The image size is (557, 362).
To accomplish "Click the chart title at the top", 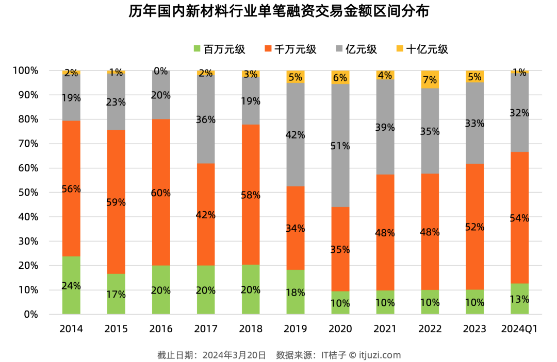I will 278,12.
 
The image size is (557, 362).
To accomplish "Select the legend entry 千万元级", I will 295,49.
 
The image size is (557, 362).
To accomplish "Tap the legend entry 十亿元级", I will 427,49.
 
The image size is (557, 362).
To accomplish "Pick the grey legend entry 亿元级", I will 362,49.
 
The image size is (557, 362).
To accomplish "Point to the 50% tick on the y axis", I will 25,193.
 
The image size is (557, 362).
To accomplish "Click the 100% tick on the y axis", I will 23,71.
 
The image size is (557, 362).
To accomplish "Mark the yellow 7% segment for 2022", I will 430,80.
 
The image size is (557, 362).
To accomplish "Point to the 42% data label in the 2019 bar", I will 296,135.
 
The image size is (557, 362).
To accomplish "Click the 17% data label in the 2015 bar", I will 116,295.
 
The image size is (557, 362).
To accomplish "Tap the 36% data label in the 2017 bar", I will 206,119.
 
